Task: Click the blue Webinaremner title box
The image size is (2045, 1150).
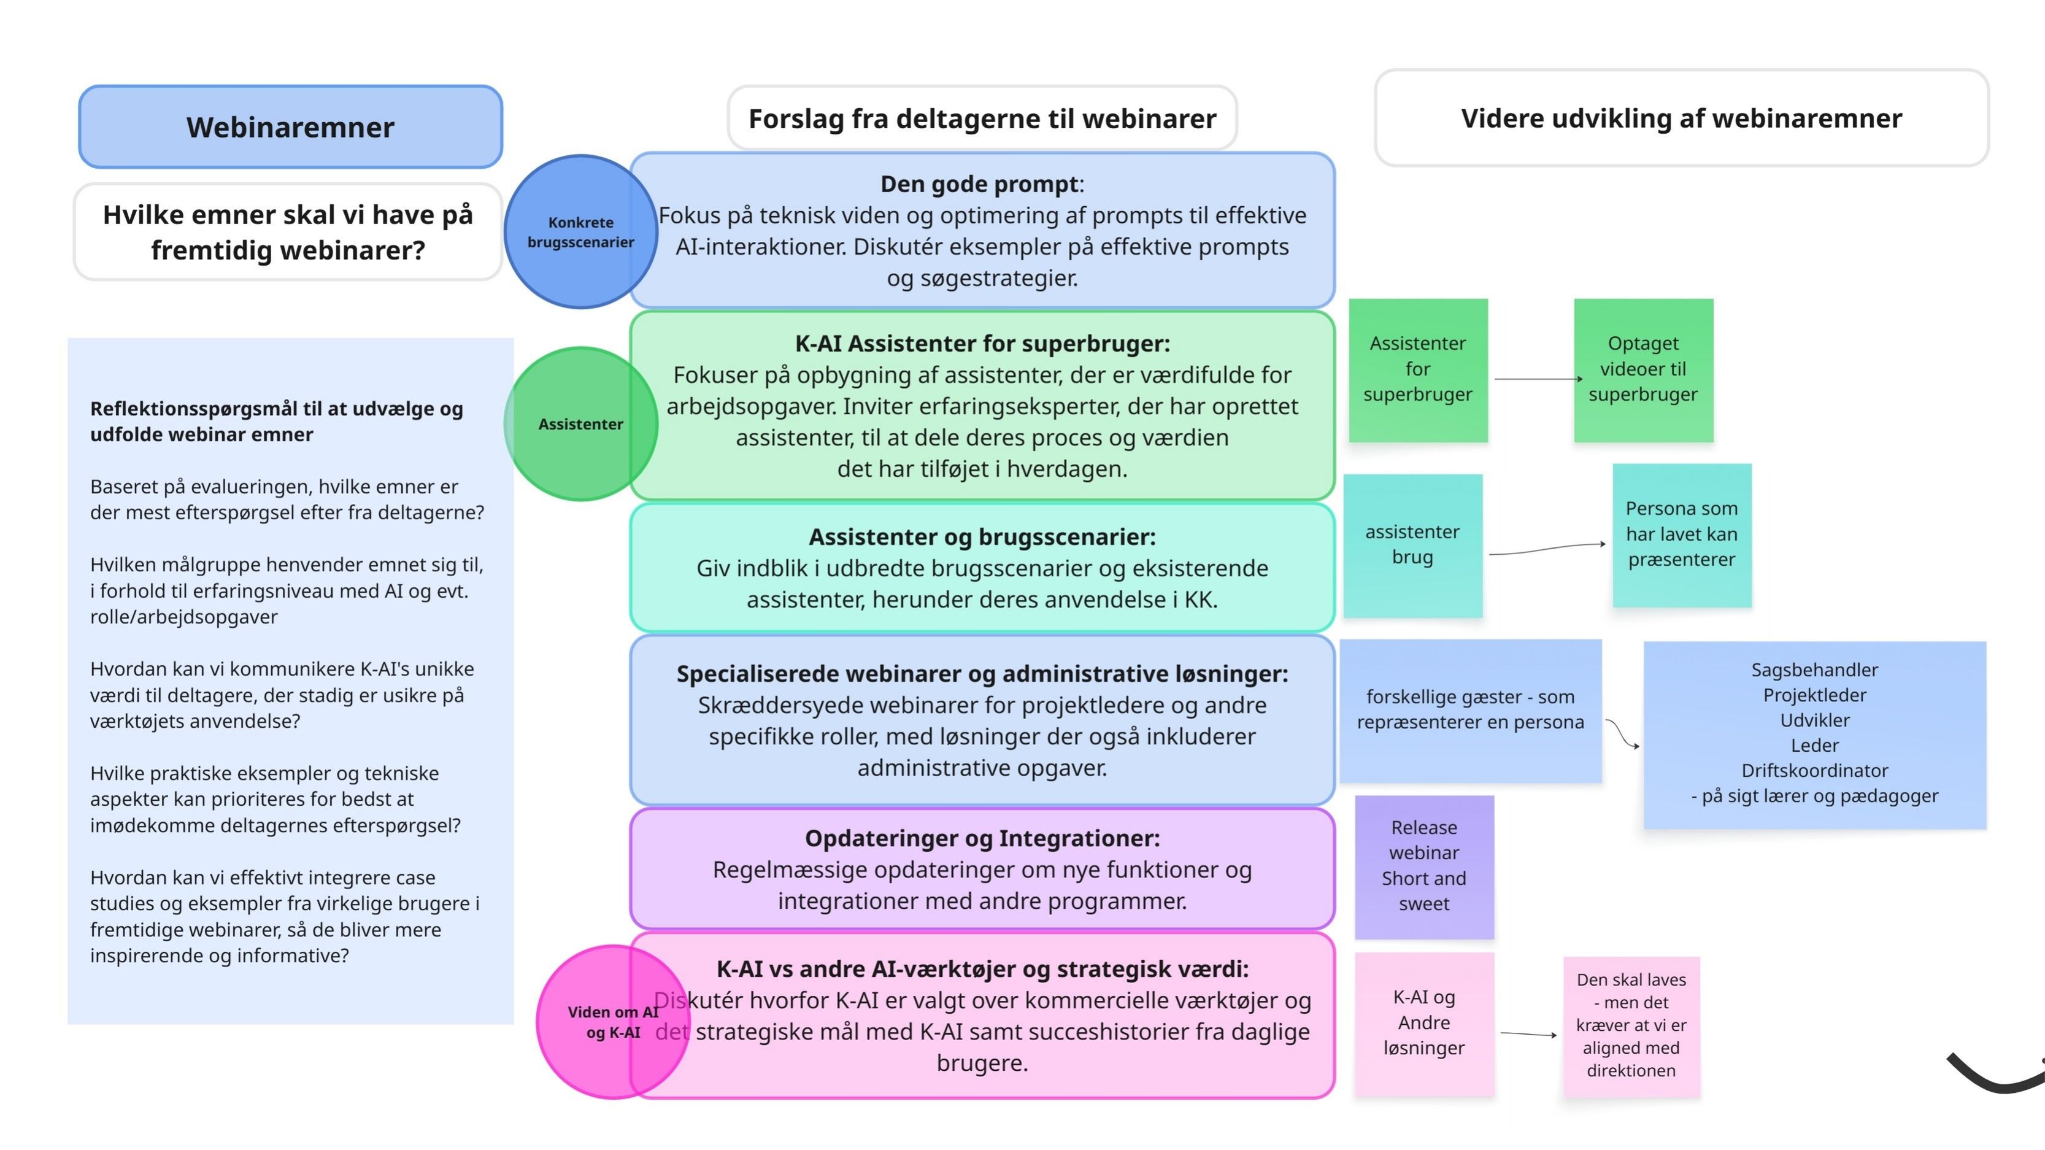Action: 291,127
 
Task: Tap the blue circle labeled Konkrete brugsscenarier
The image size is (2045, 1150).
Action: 581,231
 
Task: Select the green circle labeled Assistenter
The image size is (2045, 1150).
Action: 581,423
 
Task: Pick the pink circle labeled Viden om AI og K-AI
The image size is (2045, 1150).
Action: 613,1022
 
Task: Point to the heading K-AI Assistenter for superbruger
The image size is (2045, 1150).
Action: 982,344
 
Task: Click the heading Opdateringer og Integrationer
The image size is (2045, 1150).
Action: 982,839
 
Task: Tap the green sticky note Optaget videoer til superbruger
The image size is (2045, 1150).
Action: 1643,369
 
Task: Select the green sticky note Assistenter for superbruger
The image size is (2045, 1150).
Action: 1418,369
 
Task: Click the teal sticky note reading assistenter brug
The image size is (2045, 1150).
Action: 1412,546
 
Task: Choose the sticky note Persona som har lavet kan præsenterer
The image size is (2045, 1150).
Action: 1681,534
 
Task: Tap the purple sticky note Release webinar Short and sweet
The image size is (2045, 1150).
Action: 1424,866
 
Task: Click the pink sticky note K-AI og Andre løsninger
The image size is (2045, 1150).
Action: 1424,1024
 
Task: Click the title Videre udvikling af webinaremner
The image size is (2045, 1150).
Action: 1681,118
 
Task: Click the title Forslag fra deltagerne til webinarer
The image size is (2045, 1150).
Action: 982,119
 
